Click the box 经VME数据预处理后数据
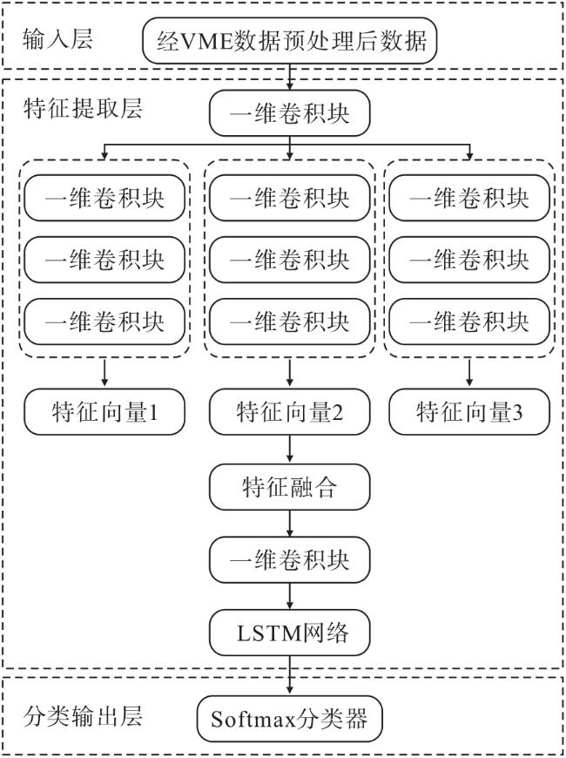tap(289, 41)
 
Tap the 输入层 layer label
tap(57, 38)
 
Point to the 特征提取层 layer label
tap(83, 108)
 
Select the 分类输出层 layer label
tap(83, 716)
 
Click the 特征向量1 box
tap(104, 412)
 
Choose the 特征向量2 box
tap(289, 412)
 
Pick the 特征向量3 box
tap(469, 412)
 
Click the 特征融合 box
tap(289, 487)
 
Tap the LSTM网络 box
tap(289, 633)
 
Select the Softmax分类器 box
tap(289, 719)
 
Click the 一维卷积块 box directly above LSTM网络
tap(289, 560)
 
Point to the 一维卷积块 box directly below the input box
tap(289, 113)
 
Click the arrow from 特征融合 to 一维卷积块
tap(289, 523)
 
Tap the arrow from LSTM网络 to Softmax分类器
tap(289, 675)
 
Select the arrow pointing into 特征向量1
tap(104, 373)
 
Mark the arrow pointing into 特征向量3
tap(469, 373)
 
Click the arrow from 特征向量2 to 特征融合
tap(289, 449)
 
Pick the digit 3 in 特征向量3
tap(516, 413)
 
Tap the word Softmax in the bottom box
tap(253, 720)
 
